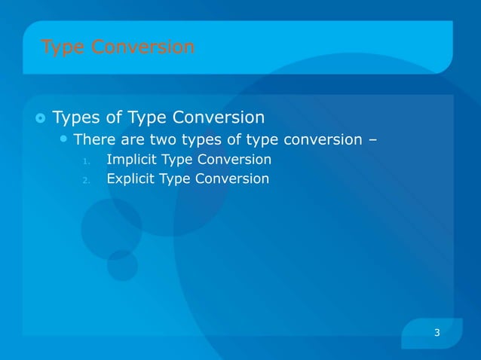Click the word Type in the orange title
pyautogui.click(x=63, y=47)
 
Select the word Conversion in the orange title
pyautogui.click(x=142, y=47)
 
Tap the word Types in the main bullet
pyautogui.click(x=76, y=118)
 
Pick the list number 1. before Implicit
pyautogui.click(x=87, y=160)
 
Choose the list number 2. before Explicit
pyautogui.click(x=87, y=180)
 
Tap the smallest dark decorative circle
pyautogui.click(x=122, y=265)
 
